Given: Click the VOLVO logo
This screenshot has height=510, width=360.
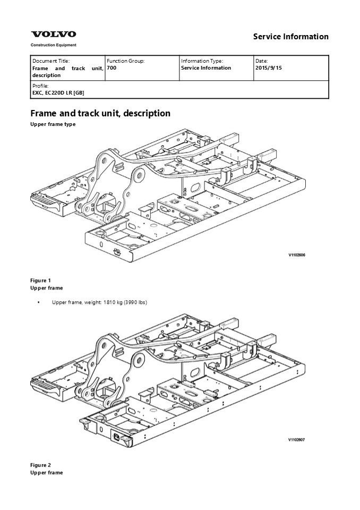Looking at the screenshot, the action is coord(54,34).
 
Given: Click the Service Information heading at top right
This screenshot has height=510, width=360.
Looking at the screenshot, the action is coord(291,37).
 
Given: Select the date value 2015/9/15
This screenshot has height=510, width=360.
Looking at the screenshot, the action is coord(269,68).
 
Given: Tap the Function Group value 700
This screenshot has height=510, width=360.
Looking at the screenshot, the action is coord(111,68).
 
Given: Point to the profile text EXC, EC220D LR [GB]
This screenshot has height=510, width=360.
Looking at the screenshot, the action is coord(58,93).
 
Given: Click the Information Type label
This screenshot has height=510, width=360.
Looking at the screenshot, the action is coord(202,61).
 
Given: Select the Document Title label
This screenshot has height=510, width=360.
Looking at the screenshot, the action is coord(51,61).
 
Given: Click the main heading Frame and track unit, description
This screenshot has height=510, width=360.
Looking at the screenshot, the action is coord(100,113).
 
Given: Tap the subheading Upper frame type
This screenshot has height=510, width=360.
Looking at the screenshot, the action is coord(53,124).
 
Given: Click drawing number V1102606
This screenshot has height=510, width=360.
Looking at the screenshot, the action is coord(297,255).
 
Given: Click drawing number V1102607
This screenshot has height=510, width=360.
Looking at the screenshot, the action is coord(297,440).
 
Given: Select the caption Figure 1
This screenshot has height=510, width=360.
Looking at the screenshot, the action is coord(41,280).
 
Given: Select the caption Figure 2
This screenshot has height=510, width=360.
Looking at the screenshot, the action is coord(41,465).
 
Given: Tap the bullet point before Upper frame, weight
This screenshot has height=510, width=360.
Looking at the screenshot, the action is coord(39,302).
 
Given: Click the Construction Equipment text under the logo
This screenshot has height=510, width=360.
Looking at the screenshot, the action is coord(53,45).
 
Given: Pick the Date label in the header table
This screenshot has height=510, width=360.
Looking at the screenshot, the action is coord(261,61).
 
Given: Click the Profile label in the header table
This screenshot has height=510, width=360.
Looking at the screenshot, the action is coord(40,86).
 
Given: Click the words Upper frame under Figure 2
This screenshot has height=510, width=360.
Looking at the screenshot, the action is coord(47,473).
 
